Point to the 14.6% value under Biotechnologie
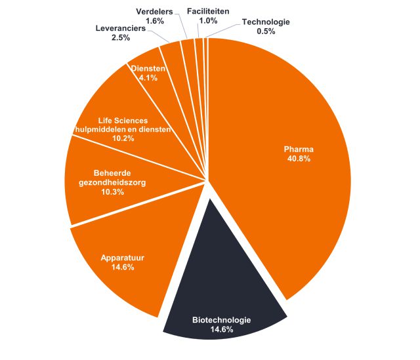tap(221, 329)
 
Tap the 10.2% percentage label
tap(123, 138)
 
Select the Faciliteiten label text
tap(208, 12)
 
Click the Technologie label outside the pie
tap(266, 22)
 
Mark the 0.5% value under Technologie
tap(266, 31)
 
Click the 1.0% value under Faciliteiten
tap(208, 21)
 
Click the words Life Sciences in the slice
tap(123, 121)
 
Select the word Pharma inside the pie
tap(297, 149)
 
